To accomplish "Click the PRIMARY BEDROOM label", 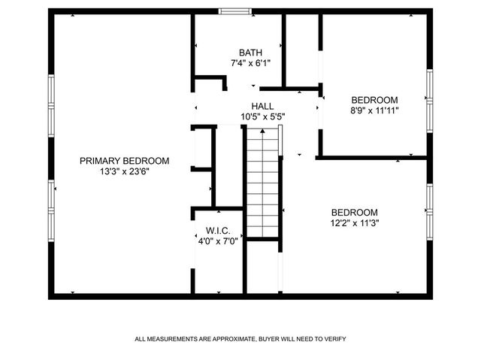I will click(125, 161).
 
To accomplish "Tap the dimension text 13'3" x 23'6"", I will click(125, 171).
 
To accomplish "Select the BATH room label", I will click(251, 53).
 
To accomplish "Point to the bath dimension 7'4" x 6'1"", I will click(251, 63).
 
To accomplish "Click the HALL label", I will click(262, 107).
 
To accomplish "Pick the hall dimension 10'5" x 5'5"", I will click(262, 117).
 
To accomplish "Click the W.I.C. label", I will click(218, 231).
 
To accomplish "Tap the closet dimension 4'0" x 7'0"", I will click(218, 241).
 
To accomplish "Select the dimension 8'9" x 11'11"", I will click(374, 110).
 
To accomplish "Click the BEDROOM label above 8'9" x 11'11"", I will click(374, 100).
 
